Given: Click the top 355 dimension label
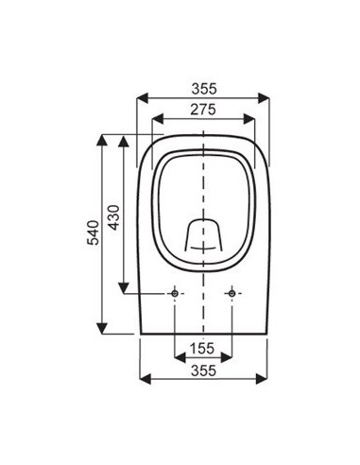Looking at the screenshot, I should coord(204,88).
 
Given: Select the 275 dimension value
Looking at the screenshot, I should coord(204,111).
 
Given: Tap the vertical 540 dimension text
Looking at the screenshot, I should coord(93,233).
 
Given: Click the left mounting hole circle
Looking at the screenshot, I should coord(175,294).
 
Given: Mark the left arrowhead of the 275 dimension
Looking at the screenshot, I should coord(156,121).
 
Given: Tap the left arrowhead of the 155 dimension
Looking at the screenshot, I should coord(179,358).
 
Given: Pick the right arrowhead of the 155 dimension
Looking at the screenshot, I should coord(228,358).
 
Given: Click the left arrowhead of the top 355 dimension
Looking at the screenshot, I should coord(143,98).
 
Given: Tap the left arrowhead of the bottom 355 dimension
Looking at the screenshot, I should coord(143,380).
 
